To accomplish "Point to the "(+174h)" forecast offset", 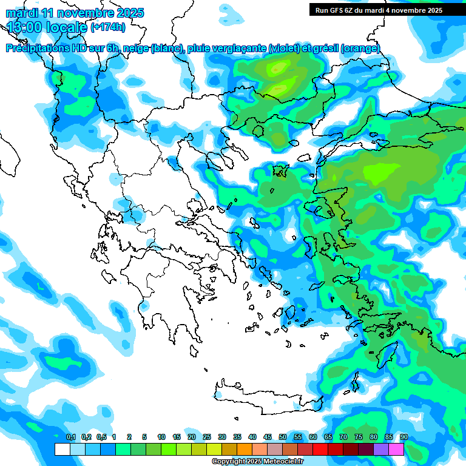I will (x=108, y=27).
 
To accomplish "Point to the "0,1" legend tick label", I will (x=70, y=437).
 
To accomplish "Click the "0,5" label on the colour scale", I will (x=101, y=437).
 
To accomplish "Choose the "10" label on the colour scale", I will (x=161, y=437).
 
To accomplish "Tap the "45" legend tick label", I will (x=268, y=437).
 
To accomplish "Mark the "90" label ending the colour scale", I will (x=404, y=437).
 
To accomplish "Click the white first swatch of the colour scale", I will (x=62, y=449).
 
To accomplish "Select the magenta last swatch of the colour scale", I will (x=397, y=449).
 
